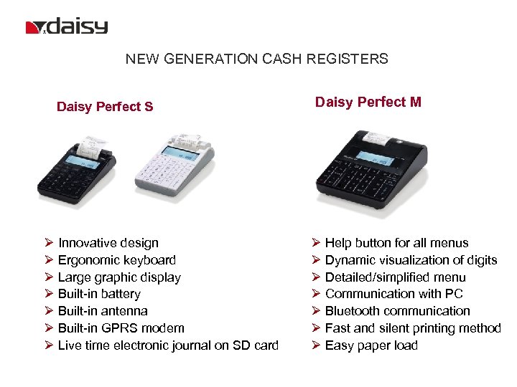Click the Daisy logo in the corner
(x=67, y=27)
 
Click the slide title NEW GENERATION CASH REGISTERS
(x=256, y=59)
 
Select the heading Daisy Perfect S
(x=105, y=107)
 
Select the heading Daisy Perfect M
(x=368, y=102)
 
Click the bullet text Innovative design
(x=108, y=243)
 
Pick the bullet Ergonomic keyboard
(x=117, y=260)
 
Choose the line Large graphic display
(x=119, y=277)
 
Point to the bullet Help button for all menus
(x=396, y=243)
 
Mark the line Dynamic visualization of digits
(x=411, y=260)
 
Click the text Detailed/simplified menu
(x=396, y=277)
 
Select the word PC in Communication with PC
(x=455, y=294)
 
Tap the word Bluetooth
(x=352, y=311)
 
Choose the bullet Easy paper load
(x=371, y=345)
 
